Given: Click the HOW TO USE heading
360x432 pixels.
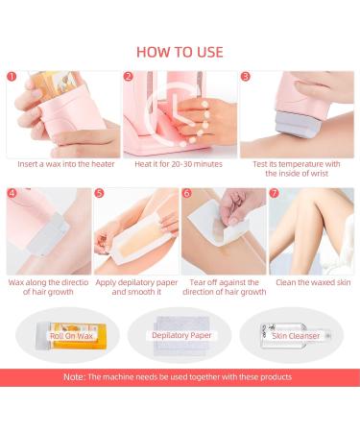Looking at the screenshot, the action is click(180, 52).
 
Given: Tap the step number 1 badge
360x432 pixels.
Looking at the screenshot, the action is click(12, 77).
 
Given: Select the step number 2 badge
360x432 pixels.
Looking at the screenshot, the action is click(129, 77).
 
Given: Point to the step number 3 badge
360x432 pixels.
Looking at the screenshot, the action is click(246, 77).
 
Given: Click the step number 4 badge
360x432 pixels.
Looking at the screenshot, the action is click(12, 193).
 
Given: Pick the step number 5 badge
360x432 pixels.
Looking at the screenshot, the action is click(100, 193).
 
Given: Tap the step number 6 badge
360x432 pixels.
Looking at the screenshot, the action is click(187, 193).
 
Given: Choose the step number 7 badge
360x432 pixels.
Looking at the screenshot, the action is click(275, 193).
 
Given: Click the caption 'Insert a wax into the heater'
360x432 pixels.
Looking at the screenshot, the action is click(66, 164).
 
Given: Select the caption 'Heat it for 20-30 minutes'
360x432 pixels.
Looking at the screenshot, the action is click(179, 164).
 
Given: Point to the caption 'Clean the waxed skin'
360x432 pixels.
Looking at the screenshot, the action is click(313, 282).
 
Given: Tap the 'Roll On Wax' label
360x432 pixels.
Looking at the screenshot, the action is click(71, 336).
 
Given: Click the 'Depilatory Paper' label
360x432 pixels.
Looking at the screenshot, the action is click(181, 335).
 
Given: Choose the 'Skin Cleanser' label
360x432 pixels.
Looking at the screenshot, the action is click(296, 336).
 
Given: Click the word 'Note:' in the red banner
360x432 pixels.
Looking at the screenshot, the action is click(75, 377).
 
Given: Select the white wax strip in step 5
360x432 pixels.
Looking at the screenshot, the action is click(137, 238).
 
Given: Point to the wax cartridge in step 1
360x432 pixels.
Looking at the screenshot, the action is click(53, 83).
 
